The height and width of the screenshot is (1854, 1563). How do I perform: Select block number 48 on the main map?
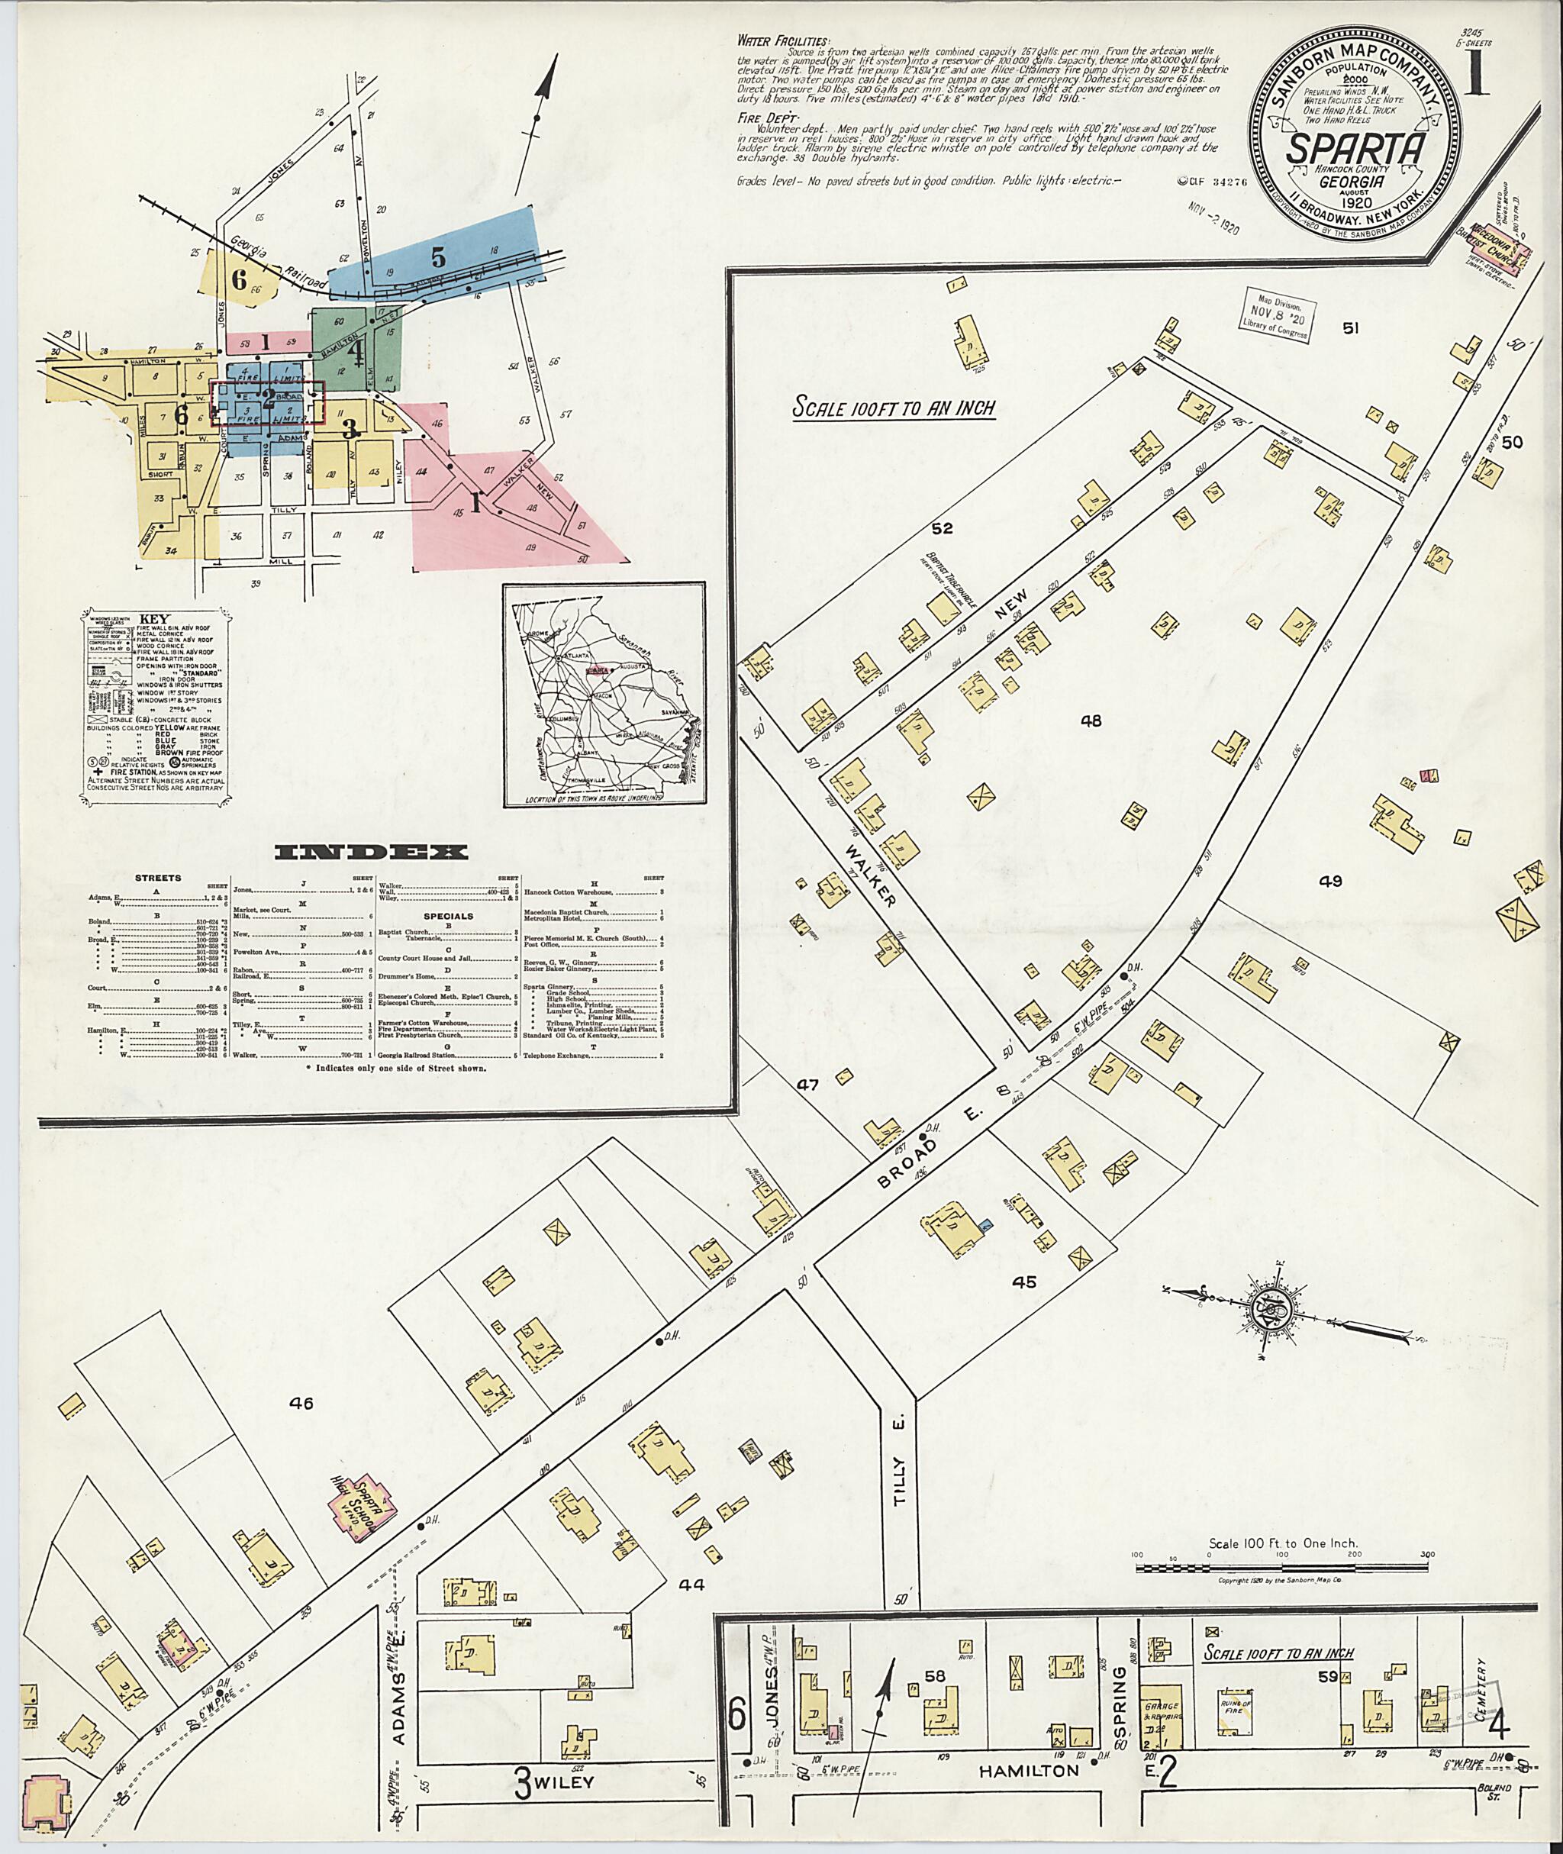point(1090,721)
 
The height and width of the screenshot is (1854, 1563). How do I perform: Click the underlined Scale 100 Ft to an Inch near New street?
point(893,408)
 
